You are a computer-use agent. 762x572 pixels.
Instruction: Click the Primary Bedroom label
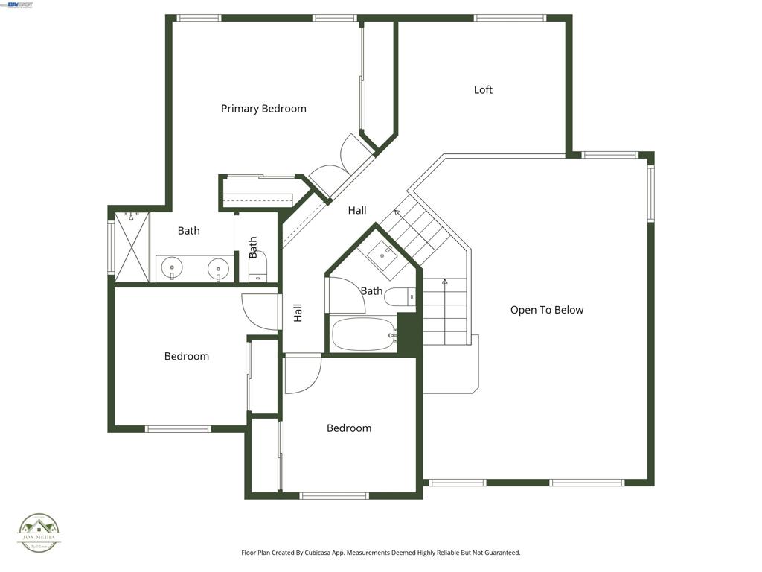point(263,109)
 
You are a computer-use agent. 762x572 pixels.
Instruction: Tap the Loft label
point(483,90)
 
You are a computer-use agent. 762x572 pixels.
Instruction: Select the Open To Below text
point(546,310)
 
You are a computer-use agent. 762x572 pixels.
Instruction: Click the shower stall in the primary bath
point(132,247)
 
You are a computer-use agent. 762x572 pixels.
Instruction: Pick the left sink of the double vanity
point(172,267)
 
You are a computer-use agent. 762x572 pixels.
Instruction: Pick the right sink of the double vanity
point(218,267)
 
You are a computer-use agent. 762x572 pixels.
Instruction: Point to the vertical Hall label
point(298,313)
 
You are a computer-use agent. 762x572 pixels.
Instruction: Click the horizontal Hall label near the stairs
point(357,211)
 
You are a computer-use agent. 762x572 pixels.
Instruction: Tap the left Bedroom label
point(187,356)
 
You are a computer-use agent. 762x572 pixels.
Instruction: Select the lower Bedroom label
point(349,428)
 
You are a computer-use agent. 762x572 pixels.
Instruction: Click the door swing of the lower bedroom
point(302,372)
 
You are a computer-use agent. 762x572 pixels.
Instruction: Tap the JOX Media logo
point(39,533)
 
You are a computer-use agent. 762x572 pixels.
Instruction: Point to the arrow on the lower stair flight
point(445,282)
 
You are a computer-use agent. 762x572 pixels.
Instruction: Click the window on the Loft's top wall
point(510,18)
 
